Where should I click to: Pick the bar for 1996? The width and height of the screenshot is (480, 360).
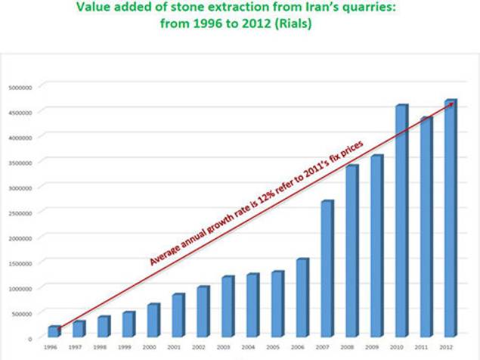click(54, 332)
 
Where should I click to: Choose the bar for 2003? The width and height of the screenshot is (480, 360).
click(227, 306)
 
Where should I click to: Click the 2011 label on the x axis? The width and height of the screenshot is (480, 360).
click(426, 346)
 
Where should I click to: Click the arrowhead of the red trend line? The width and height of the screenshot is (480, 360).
click(451, 104)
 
